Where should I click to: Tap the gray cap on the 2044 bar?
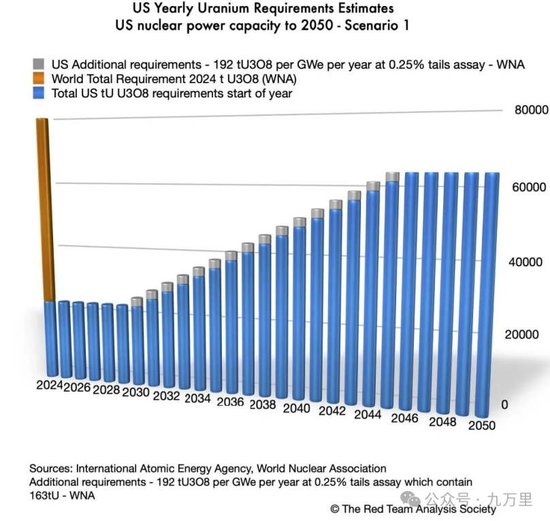(x=373, y=187)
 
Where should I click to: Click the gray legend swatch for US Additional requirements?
(x=39, y=64)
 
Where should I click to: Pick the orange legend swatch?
(x=39, y=78)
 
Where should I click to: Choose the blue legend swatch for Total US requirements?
(x=39, y=93)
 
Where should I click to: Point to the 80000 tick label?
(x=531, y=110)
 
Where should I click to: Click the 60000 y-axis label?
(x=529, y=187)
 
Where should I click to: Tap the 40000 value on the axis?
(x=525, y=262)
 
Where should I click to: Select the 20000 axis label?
(x=521, y=334)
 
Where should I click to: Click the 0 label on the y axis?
(x=504, y=405)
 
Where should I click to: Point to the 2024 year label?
(x=50, y=385)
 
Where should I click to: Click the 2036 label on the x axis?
(x=230, y=402)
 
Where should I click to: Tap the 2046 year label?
(x=405, y=418)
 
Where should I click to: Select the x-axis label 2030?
(x=135, y=392)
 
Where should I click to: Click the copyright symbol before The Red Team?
(x=335, y=509)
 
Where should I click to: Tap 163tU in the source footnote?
(x=44, y=495)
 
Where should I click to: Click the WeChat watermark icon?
(x=410, y=499)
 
